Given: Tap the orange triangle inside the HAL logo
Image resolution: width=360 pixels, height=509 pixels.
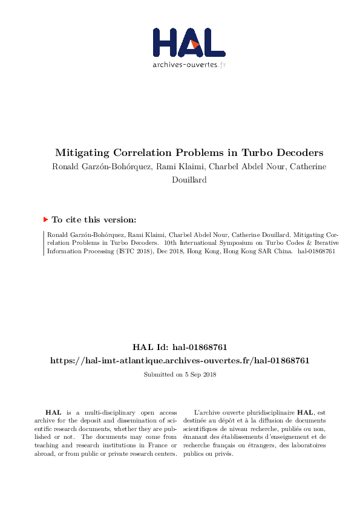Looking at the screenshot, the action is (x=195, y=45).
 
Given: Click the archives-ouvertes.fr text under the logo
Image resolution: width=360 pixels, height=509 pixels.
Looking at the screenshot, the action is (x=189, y=64).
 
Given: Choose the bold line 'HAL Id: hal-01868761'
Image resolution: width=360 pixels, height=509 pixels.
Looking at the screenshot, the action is (x=180, y=347).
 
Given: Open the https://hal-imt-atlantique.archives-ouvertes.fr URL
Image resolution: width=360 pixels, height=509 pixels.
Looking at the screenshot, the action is (x=180, y=360).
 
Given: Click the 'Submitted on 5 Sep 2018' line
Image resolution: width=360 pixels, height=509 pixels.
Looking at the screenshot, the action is (x=180, y=375).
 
